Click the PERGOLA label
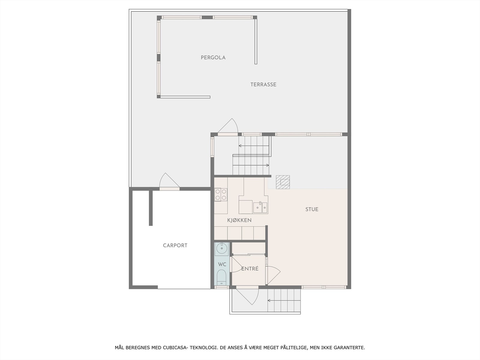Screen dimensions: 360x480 [213, 58]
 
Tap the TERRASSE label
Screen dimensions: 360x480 [263, 85]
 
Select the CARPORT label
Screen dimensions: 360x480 [175, 245]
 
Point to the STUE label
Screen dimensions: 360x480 [312, 209]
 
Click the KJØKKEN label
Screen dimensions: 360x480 [239, 220]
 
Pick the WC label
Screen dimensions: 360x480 [222, 265]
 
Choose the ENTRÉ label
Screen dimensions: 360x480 [250, 269]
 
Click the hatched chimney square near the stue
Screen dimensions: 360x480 [283, 182]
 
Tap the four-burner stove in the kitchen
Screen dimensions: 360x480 [221, 194]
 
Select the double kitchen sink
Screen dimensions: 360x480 [260, 207]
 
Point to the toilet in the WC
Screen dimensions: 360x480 [221, 277]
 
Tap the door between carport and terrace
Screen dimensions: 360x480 [169, 182]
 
